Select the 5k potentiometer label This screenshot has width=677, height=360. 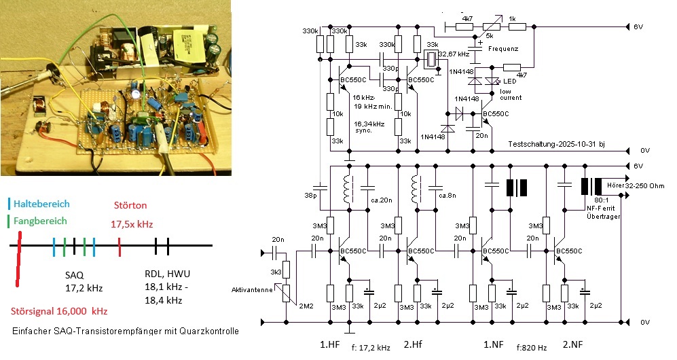488,35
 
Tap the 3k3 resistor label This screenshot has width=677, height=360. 275,271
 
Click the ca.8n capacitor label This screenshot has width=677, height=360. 448,196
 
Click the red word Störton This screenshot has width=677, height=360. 130,205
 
